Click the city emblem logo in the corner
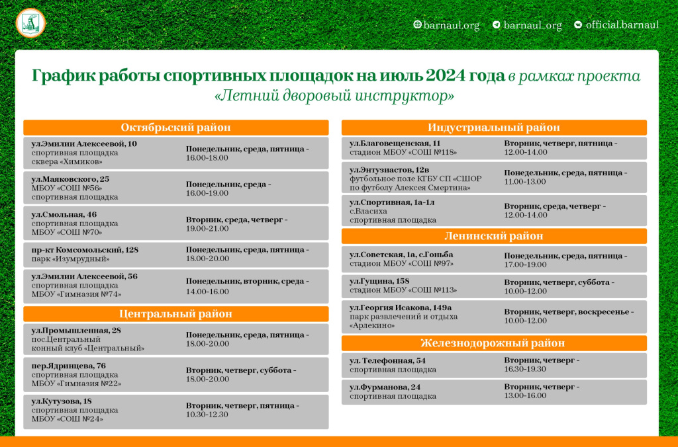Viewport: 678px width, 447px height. [30, 24]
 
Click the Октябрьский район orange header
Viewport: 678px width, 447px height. [175, 128]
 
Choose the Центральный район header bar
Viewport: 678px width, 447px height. [175, 314]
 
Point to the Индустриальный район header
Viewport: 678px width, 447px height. [493, 128]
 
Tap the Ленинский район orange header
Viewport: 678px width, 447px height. [493, 236]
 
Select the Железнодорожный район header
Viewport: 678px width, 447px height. [493, 343]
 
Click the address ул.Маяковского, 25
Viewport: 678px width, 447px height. [71, 179]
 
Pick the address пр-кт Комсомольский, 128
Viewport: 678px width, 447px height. [85, 250]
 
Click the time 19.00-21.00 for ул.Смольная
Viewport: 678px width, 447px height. [207, 229]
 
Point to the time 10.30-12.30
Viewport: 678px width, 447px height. [207, 415]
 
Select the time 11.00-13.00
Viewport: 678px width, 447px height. [525, 182]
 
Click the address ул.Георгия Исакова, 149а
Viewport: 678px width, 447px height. [401, 307]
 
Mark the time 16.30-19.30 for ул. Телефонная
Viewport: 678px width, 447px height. [525, 370]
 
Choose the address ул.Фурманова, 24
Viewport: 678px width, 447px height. [385, 387]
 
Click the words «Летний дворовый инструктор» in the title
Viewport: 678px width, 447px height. [334, 96]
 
